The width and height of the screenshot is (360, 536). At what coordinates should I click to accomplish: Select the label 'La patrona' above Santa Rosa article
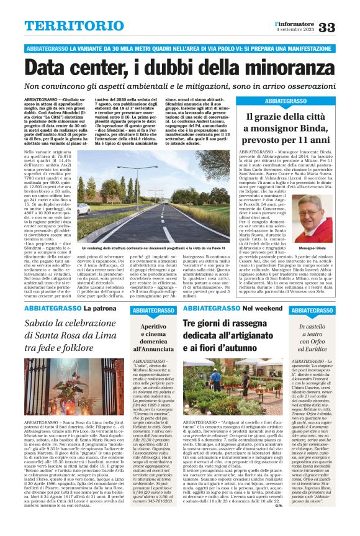tap(96, 308)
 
